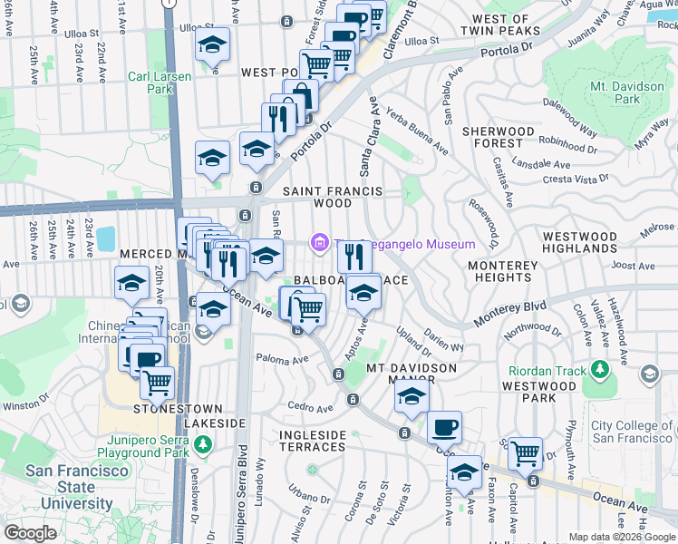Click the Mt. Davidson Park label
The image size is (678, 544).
627,92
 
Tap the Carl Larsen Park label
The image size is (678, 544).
160,83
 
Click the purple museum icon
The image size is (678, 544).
318,244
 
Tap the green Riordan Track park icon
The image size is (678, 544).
598,369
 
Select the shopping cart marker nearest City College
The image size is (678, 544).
526,452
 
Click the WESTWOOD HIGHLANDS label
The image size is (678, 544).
580,242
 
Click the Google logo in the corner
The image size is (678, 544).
31,533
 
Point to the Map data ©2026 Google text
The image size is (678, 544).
621,537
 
